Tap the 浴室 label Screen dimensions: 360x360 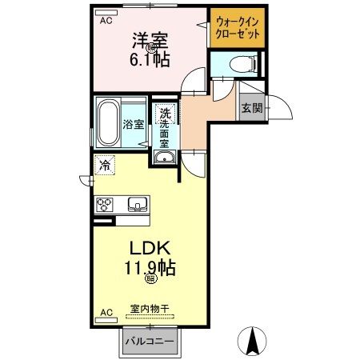coord(133,125)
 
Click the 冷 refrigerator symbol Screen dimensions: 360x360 coord(105,166)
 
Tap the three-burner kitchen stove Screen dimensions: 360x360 coord(105,205)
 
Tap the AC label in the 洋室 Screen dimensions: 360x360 coord(105,22)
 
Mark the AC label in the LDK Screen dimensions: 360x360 coord(105,313)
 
